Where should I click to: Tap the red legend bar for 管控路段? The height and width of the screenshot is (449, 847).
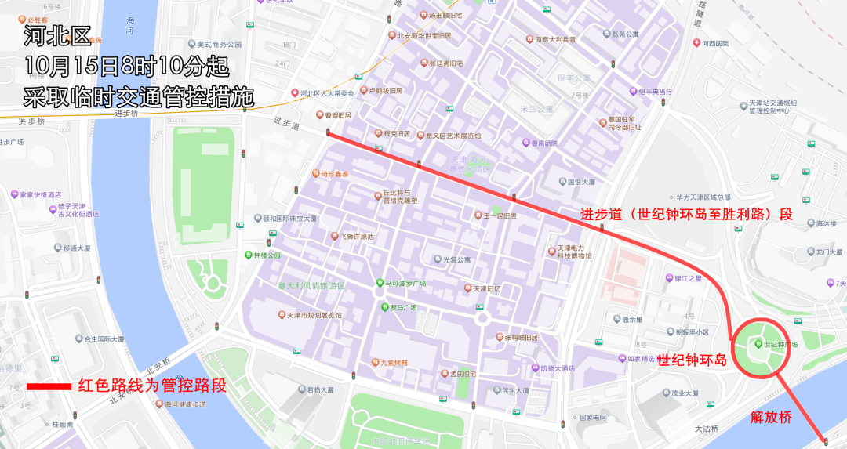(x=49, y=386)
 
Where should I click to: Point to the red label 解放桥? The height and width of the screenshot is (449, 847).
(x=771, y=417)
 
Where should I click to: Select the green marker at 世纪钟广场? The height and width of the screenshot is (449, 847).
(x=758, y=343)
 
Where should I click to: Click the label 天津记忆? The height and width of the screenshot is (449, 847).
(x=486, y=288)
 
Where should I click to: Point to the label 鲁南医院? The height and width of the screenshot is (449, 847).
(x=544, y=143)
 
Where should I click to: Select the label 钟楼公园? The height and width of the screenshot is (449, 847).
(x=267, y=255)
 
